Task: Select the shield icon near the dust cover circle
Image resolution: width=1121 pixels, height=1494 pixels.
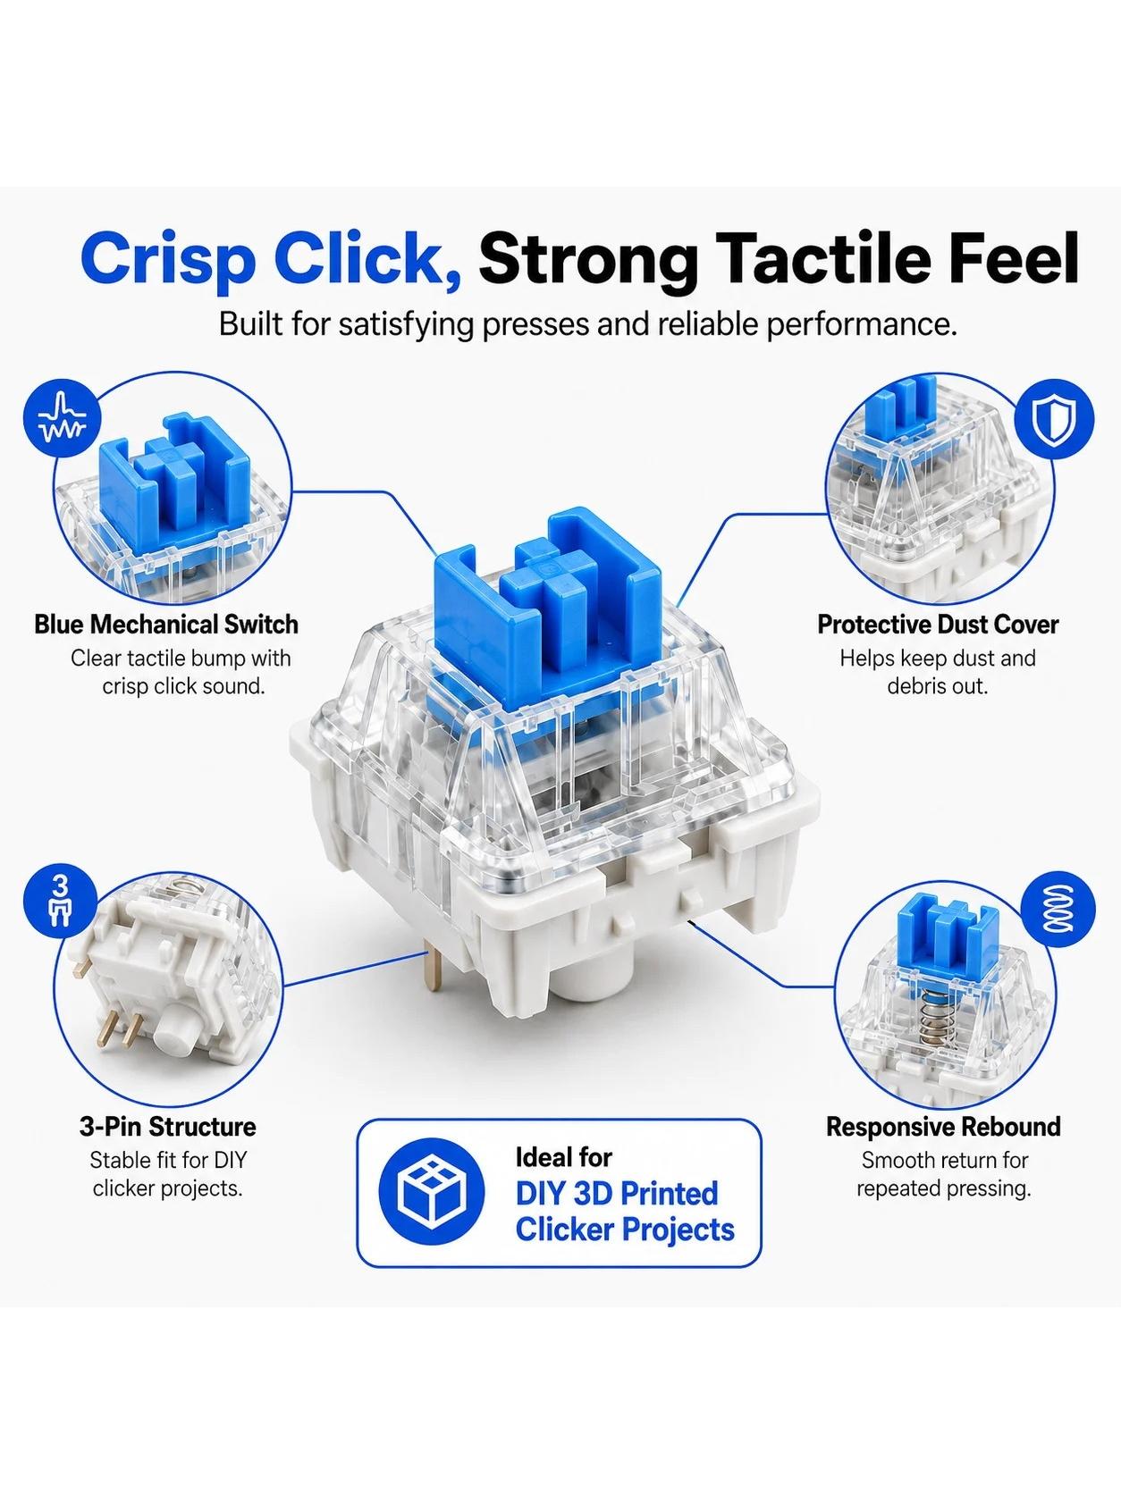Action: (1054, 418)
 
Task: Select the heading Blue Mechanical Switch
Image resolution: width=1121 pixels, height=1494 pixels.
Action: (166, 625)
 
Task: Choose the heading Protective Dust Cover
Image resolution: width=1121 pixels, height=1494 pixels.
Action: (938, 625)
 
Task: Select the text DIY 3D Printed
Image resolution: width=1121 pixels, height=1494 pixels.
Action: (617, 1193)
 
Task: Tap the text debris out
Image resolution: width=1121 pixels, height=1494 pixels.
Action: (937, 685)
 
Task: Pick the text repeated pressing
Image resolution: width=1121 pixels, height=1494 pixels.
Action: (943, 1188)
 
